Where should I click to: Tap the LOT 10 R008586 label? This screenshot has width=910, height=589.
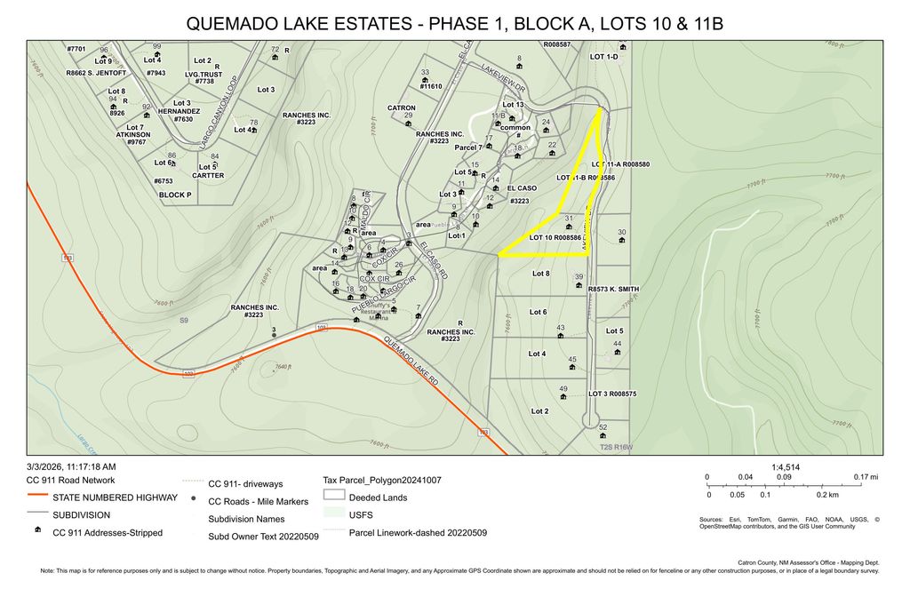[x=555, y=238]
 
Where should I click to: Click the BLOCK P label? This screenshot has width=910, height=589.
[x=175, y=194]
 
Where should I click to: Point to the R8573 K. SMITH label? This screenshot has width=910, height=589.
[x=613, y=289]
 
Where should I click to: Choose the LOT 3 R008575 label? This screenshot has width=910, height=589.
[x=612, y=394]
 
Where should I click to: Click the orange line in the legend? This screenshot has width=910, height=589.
[x=37, y=497]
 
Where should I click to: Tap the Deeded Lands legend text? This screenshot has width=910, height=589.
[x=378, y=497]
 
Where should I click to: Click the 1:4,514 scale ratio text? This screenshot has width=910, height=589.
[x=786, y=466]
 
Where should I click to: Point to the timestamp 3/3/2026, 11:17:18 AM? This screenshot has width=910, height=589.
[x=71, y=466]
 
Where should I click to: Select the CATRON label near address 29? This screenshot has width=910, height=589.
[x=402, y=107]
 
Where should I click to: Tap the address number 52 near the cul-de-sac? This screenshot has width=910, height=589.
[x=603, y=427]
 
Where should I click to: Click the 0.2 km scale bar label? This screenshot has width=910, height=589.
[x=827, y=494]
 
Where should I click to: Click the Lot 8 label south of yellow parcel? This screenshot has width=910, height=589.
[x=540, y=274]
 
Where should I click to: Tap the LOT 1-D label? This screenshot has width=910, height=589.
[x=603, y=56]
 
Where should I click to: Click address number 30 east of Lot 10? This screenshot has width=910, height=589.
[x=621, y=233]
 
